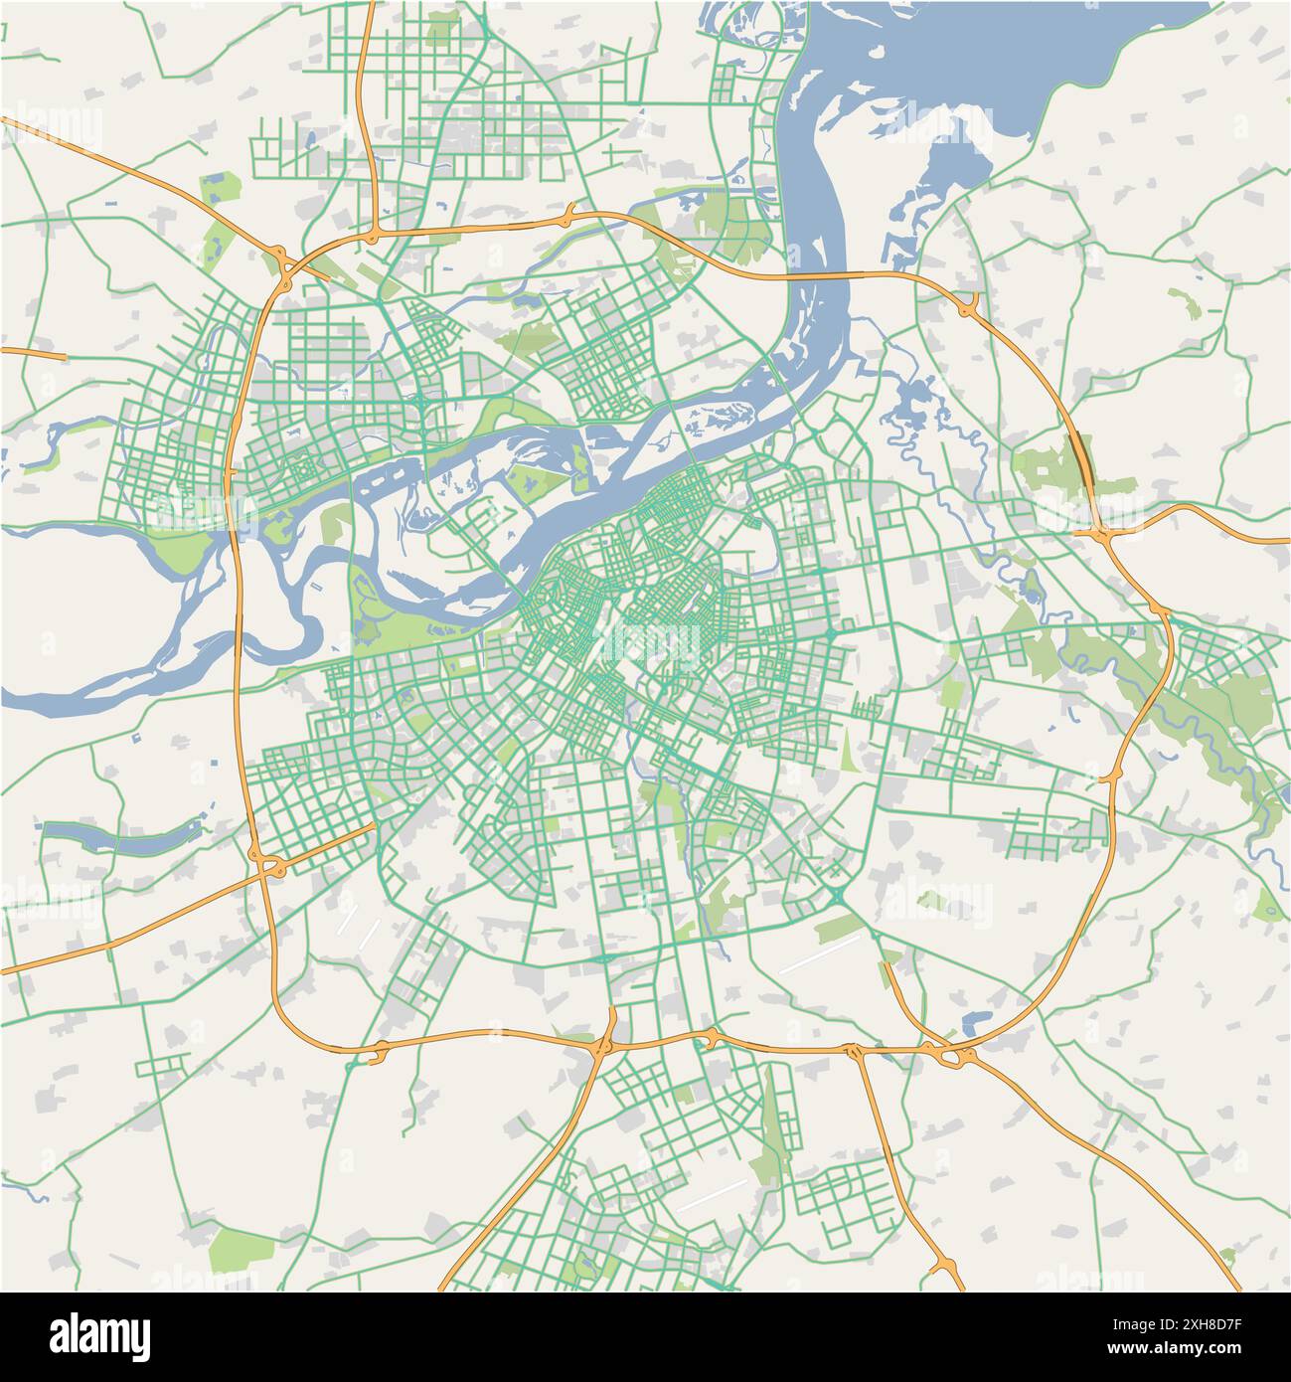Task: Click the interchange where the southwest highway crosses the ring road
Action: pyautogui.click(x=268, y=864)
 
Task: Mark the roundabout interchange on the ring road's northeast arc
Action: pyautogui.click(x=967, y=305)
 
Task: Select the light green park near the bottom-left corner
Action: pyautogui.click(x=242, y=1248)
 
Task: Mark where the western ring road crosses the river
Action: pyautogui.click(x=239, y=522)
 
